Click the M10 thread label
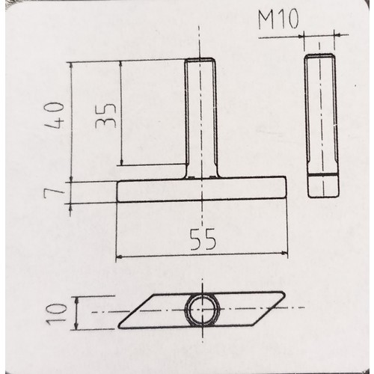(x=278, y=19)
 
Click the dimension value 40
(x=55, y=115)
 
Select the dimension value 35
(x=106, y=115)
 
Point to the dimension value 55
(x=203, y=239)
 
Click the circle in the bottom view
(x=202, y=310)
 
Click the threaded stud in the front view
(x=200, y=118)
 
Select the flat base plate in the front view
(x=201, y=189)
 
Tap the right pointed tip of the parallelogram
(x=284, y=294)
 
